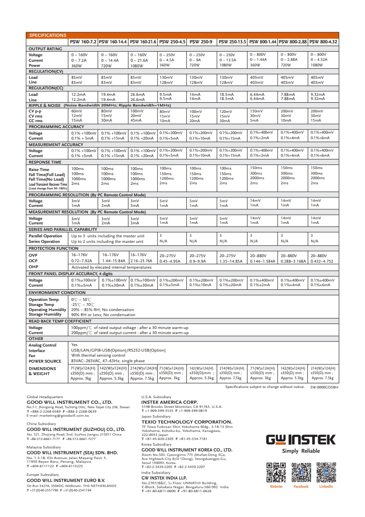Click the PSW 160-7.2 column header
(83, 41)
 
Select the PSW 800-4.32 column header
(324, 41)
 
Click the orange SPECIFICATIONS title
(47, 35)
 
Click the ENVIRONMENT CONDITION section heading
(57, 293)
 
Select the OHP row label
(34, 266)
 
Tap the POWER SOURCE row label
(45, 361)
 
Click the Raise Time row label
(39, 169)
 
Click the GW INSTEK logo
(301, 440)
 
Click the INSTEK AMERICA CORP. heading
(169, 402)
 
